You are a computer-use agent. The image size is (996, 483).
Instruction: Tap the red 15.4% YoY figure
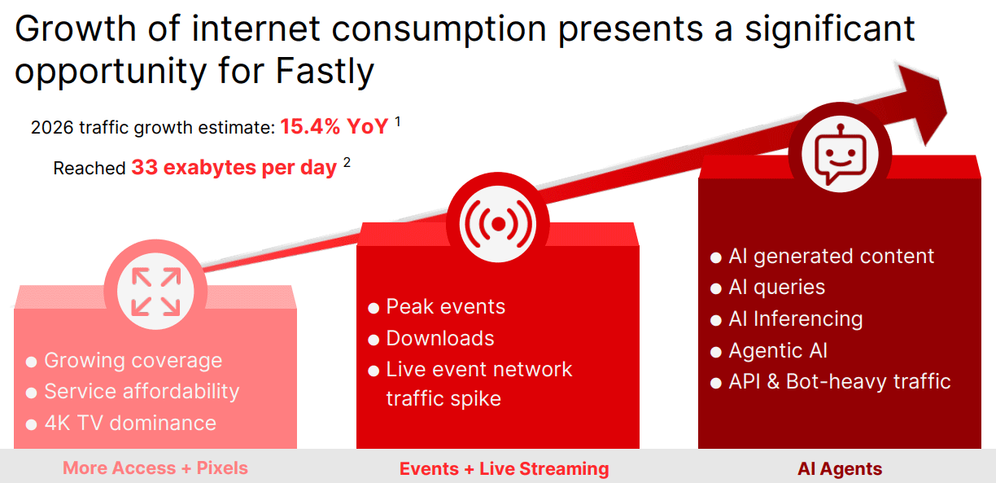point(334,127)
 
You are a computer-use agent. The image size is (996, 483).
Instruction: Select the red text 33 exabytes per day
point(234,169)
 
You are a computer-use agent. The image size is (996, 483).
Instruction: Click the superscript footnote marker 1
point(398,121)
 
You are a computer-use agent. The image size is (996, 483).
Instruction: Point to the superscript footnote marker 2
point(347,162)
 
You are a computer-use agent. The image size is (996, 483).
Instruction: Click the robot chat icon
point(840,154)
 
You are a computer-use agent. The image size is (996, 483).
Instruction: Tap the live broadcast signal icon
point(498,223)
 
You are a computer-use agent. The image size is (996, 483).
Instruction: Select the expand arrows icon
point(155,291)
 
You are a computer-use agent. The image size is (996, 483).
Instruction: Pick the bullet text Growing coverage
point(133,360)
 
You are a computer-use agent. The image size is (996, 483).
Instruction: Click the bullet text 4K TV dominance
point(130,423)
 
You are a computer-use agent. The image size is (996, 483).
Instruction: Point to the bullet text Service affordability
point(142,392)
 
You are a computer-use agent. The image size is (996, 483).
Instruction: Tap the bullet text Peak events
point(446,307)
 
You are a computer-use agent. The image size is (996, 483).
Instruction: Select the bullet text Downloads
point(440,338)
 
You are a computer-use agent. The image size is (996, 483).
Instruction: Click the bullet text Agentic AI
point(778,351)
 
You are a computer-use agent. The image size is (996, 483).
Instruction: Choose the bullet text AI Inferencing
point(796,319)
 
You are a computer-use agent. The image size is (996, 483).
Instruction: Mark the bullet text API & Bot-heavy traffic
point(840,382)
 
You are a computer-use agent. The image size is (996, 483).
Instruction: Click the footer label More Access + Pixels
point(155,468)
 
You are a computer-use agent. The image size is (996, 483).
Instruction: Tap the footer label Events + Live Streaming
point(505,469)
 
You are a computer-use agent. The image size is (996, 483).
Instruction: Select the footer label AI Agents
point(840,469)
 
